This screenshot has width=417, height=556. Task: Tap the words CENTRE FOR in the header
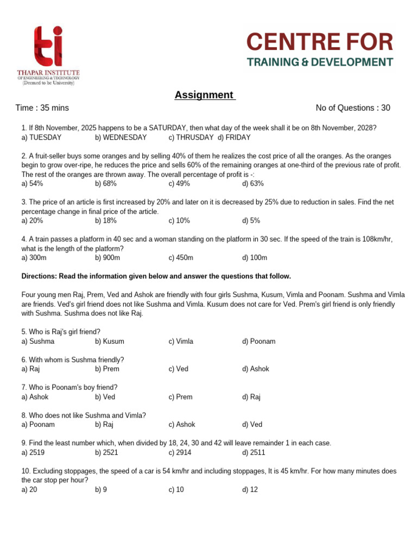(x=319, y=42)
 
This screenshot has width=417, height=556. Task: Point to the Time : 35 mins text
(x=42, y=108)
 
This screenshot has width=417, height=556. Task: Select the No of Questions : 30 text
(x=353, y=108)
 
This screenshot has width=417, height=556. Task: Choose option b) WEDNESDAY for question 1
(x=121, y=137)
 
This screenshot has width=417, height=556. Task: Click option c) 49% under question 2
(x=179, y=184)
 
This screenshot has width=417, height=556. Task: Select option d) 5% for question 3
(x=251, y=221)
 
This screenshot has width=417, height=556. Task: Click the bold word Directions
(x=39, y=276)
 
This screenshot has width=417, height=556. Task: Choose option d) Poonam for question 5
(x=259, y=342)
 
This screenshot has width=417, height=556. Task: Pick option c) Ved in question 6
(x=179, y=369)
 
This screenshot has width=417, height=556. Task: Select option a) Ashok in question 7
(x=35, y=397)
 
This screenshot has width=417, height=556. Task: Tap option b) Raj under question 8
(x=104, y=425)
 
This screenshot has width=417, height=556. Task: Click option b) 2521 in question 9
(x=108, y=452)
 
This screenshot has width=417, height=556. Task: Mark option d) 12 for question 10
(x=250, y=489)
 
